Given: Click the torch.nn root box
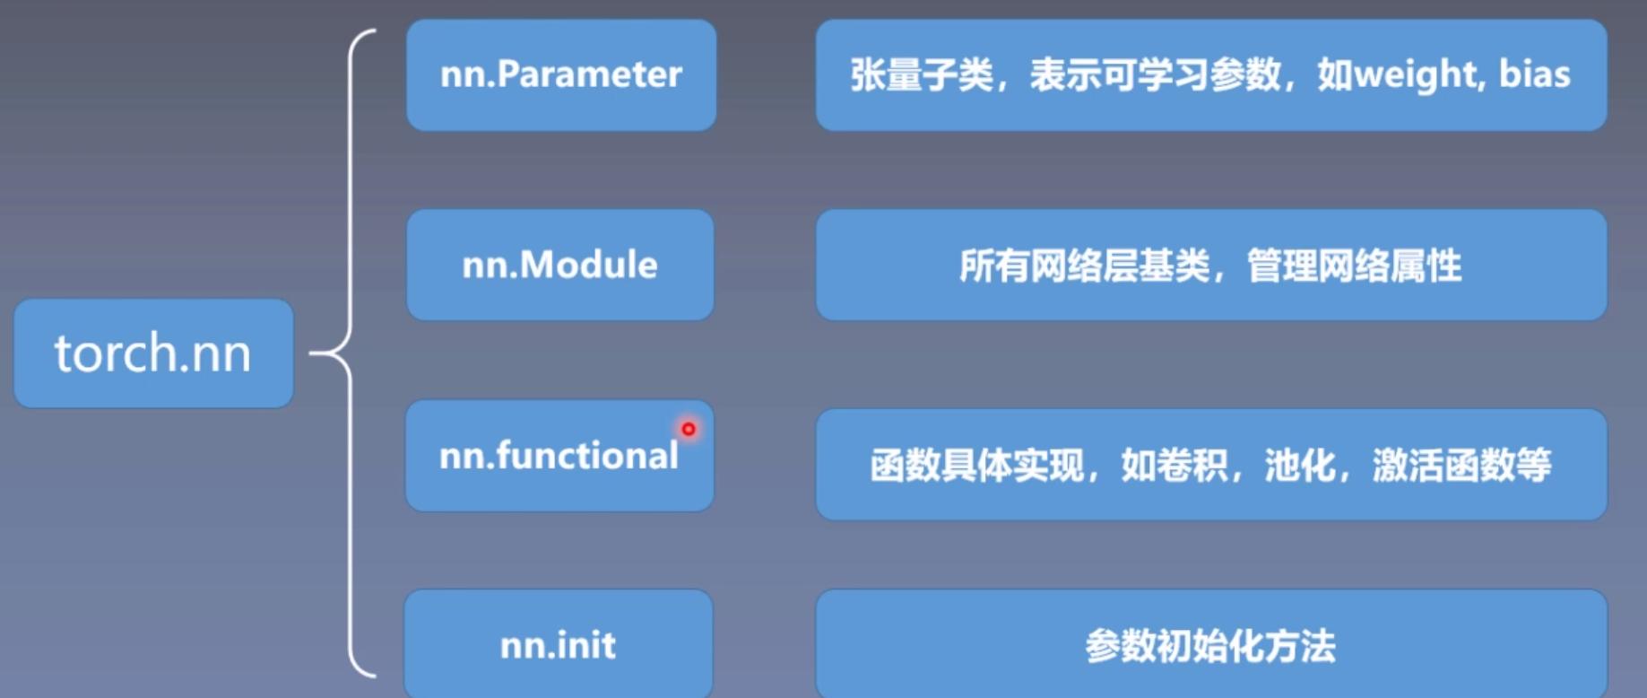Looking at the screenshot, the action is click(153, 353).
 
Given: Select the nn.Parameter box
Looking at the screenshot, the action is click(561, 75).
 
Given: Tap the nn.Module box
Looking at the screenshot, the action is click(560, 265).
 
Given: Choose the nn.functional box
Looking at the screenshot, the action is click(559, 456).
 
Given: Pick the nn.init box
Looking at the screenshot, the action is click(559, 642).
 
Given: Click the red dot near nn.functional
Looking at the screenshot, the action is click(689, 429).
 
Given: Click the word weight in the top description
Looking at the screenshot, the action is click(1414, 74).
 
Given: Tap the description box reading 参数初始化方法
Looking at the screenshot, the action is click(1211, 642).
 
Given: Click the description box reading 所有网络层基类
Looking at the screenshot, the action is click(1211, 265).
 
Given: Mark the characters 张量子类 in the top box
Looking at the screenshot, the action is click(922, 74).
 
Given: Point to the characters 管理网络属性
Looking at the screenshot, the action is click(1355, 266).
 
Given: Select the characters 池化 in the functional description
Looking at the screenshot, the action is click(1300, 465).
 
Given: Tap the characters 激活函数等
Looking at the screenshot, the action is click(1461, 465).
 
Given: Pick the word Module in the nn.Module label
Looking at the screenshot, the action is click(588, 265).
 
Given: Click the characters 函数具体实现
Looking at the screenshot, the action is click(977, 465).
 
